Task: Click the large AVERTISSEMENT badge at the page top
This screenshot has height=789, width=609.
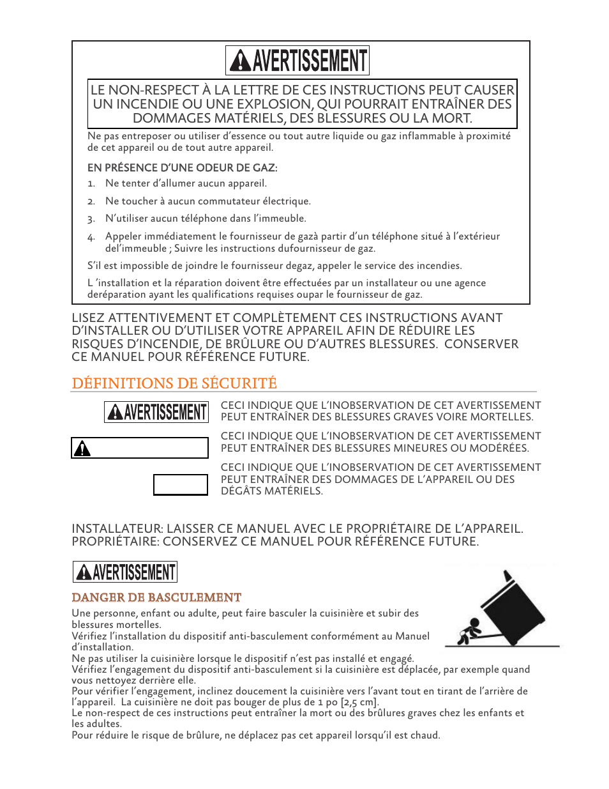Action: point(297,61)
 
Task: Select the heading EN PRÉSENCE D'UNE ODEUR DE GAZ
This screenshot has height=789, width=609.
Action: point(182,168)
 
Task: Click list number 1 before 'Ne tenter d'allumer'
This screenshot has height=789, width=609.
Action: point(91,184)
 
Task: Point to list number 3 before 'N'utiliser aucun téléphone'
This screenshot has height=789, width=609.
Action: point(91,219)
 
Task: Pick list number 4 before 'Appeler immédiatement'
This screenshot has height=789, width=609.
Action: point(91,237)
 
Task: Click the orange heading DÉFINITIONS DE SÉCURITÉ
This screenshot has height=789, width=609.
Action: point(174,383)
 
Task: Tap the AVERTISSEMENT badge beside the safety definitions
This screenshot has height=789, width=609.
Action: point(156,412)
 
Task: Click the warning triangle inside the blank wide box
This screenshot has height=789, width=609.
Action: point(82,449)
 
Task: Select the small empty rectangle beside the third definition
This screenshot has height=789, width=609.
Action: point(181,485)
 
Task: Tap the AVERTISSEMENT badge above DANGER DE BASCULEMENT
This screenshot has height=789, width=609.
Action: point(125,572)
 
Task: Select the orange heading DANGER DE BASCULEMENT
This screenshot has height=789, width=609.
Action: point(156,598)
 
